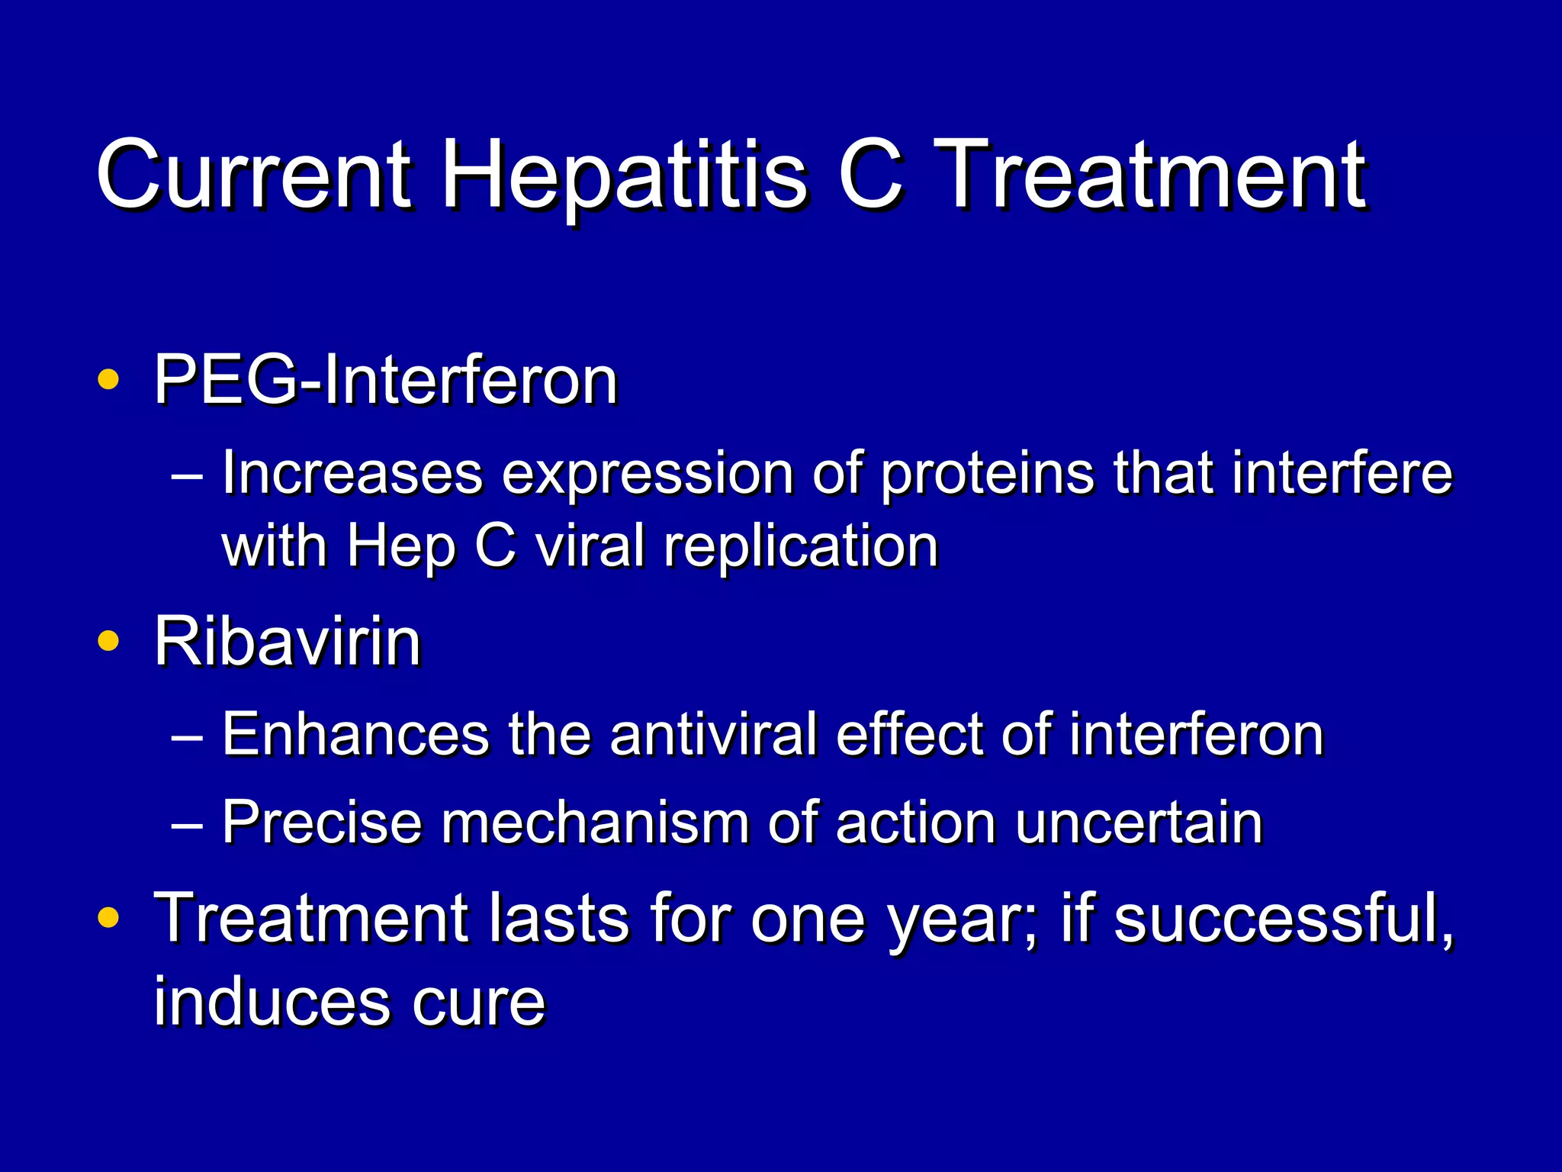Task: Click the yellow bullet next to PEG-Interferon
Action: pyautogui.click(x=108, y=379)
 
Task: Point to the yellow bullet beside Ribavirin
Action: pyautogui.click(x=108, y=641)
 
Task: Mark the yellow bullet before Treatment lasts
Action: pyautogui.click(x=108, y=918)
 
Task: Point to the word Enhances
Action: pyautogui.click(x=355, y=734)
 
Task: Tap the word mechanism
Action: pyautogui.click(x=595, y=822)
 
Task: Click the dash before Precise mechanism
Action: pyautogui.click(x=187, y=825)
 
